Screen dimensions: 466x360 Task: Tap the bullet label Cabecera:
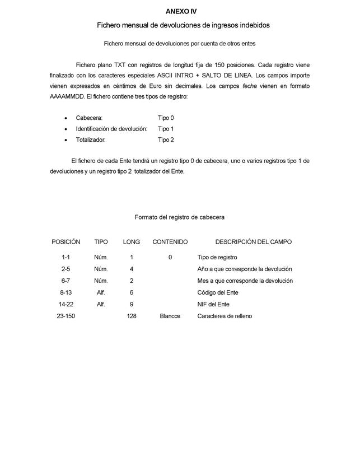pos(89,118)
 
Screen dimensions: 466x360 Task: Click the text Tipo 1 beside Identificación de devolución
pos(166,129)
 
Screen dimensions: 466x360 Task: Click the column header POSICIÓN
pos(66,242)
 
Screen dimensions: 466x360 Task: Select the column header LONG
pos(132,242)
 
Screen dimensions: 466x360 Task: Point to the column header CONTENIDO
pos(170,242)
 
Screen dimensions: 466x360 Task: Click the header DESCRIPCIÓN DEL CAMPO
pos(253,242)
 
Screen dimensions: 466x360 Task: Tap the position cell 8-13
pos(66,292)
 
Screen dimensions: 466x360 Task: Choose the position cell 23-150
pos(66,316)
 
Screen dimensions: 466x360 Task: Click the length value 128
pos(132,316)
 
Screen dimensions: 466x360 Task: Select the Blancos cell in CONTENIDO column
pos(170,316)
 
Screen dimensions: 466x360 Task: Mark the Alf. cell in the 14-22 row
pos(101,304)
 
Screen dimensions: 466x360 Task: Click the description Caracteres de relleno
pos(225,316)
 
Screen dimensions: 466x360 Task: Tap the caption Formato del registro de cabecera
pos(179,217)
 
